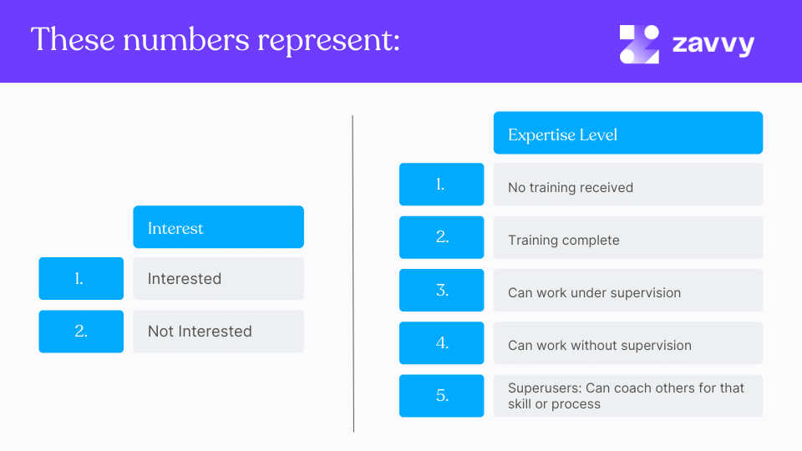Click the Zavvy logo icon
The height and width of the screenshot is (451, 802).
pyautogui.click(x=639, y=44)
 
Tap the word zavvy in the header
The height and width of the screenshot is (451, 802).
pyautogui.click(x=713, y=43)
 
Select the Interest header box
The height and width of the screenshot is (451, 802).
pyautogui.click(x=218, y=227)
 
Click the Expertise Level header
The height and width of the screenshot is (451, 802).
pyautogui.click(x=627, y=134)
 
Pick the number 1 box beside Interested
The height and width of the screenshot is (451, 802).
pyautogui.click(x=81, y=279)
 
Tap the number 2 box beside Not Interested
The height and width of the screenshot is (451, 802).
pyautogui.click(x=81, y=332)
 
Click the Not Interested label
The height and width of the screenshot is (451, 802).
pyautogui.click(x=200, y=332)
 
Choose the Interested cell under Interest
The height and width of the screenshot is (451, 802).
pyautogui.click(x=185, y=279)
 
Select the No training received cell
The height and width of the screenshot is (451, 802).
pyautogui.click(x=571, y=187)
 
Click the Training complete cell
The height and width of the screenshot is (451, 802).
pyautogui.click(x=564, y=241)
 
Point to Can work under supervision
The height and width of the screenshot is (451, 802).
pyautogui.click(x=594, y=293)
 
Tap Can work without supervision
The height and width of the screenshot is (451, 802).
pyautogui.click(x=600, y=346)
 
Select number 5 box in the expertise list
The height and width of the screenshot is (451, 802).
pyautogui.click(x=441, y=396)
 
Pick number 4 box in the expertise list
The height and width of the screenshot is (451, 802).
pyautogui.click(x=441, y=343)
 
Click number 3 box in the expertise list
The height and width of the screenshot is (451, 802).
pyautogui.click(x=441, y=291)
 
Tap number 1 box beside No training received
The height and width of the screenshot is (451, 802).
pyautogui.click(x=441, y=185)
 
